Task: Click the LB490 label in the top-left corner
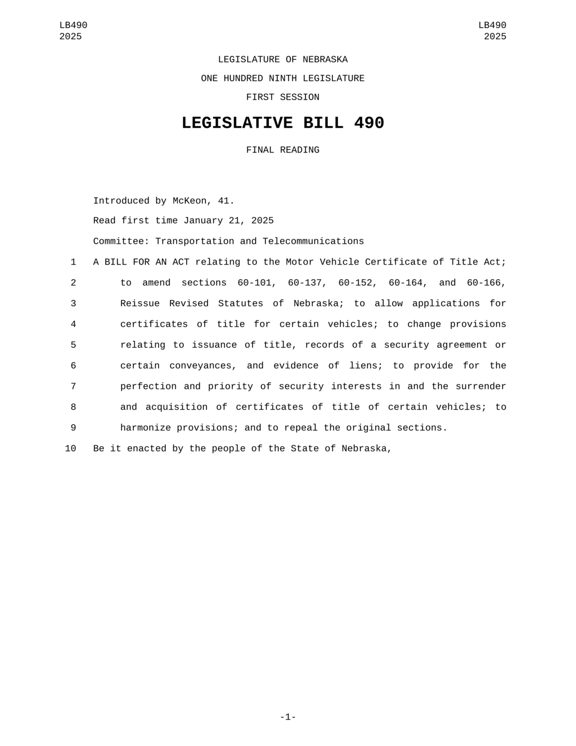coord(73,25)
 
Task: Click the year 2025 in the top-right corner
coord(495,37)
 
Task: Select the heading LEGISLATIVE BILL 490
coord(282,123)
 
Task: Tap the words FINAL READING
coord(282,150)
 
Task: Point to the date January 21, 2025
coord(228,221)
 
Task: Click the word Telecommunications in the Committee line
coord(313,242)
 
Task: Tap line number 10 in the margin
coord(70,449)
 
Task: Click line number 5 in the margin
coord(73,345)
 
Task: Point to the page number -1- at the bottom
coord(288,717)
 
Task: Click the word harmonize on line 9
coord(146,428)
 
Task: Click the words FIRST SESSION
coord(282,97)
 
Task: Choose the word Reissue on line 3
coord(140,303)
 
